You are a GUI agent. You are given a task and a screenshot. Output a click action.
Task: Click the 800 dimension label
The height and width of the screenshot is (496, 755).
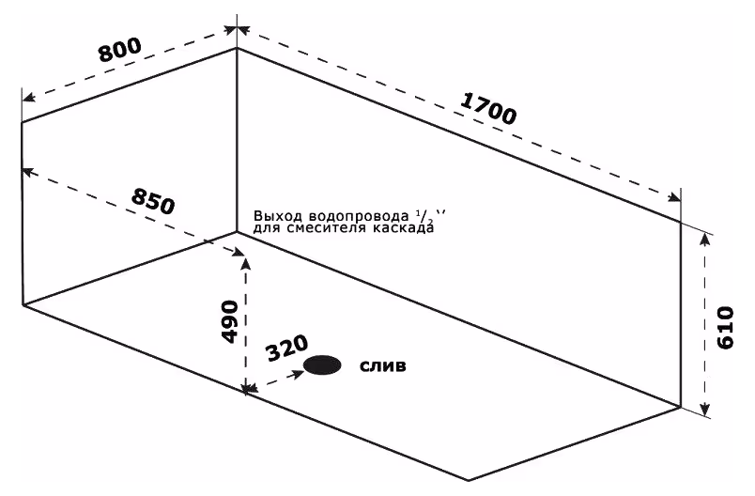pos(120,49)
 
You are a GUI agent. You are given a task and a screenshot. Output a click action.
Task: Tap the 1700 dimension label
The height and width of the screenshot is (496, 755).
pos(488,109)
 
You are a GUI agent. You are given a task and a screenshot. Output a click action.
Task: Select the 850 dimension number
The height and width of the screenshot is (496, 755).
pos(153,201)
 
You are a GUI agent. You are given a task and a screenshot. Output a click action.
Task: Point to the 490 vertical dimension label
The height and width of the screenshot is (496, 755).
pos(230,321)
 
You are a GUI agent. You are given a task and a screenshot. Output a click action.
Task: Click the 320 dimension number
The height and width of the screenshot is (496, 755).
pos(287,348)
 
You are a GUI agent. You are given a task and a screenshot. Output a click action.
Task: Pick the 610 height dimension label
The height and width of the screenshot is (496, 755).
pos(725,328)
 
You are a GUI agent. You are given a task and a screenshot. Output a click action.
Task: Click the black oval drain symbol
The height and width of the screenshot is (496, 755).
pos(322,365)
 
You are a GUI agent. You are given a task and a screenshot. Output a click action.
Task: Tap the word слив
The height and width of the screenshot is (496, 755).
pos(383,366)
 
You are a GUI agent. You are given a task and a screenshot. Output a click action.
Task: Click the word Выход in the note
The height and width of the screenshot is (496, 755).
pos(277,216)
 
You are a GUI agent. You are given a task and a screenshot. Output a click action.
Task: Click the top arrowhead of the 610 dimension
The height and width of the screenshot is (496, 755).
pos(705,238)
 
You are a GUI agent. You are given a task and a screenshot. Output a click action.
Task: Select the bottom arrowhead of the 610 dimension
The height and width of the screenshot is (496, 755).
pos(705,409)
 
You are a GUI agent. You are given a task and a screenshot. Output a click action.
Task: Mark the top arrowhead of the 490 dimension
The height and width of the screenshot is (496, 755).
pos(246,264)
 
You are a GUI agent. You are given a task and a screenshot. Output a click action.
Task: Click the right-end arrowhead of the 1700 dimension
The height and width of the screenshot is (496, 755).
pos(674,197)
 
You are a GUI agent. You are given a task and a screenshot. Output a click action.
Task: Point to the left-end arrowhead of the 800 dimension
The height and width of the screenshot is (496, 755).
pos(29,98)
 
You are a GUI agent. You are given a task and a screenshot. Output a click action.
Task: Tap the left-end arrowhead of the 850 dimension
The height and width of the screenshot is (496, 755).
pos(29,171)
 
